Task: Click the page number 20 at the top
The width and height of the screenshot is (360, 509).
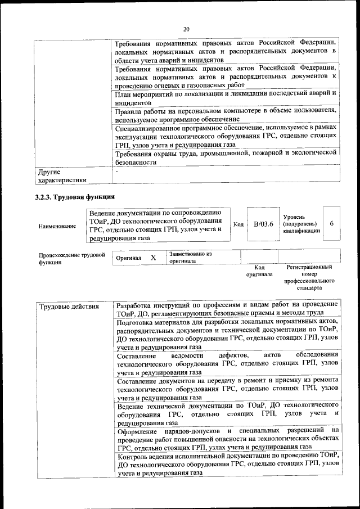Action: coord(186,29)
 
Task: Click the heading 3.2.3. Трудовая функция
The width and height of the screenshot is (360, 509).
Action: coord(75,197)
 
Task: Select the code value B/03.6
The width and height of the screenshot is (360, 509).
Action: coord(263,224)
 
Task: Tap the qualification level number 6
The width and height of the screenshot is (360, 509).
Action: coord(332,224)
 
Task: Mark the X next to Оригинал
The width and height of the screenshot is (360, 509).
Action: coord(153,257)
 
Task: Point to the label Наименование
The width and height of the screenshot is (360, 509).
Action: coord(57,226)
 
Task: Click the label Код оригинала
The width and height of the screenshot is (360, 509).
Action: coord(259,271)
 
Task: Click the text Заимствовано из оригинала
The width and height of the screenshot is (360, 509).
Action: coord(190,258)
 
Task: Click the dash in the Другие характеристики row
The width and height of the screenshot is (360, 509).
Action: coord(116,171)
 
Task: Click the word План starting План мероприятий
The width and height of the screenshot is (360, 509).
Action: coord(124,93)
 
